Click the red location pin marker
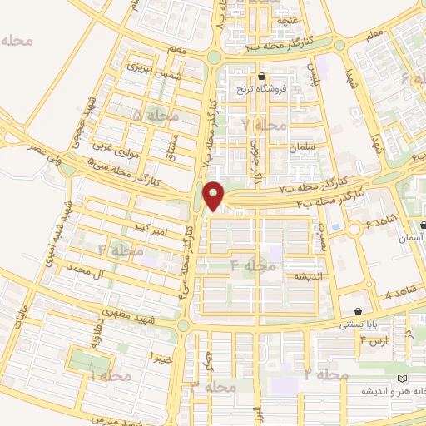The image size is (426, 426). coord(215,196)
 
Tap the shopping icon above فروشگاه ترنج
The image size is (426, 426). coord(261,76)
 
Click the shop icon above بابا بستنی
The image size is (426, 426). coord(359,312)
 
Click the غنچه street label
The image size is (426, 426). coord(288,19)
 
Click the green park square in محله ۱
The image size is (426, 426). coord(90,362)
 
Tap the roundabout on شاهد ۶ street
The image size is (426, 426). coord(355,228)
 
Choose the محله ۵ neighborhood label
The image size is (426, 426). coord(155,115)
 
